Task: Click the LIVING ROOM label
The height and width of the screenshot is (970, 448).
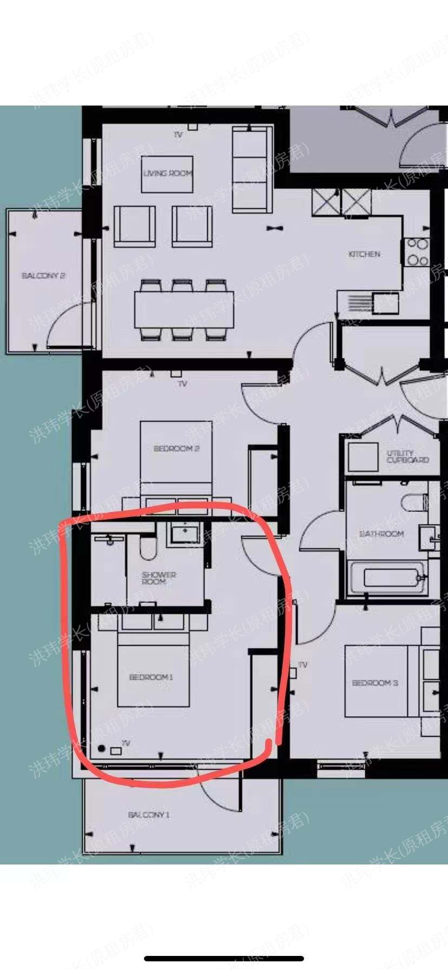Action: (167, 173)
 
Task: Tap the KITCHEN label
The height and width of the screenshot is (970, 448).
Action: (364, 254)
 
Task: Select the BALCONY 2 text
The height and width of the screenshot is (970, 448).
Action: (43, 276)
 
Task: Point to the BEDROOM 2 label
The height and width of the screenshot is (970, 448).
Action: (176, 449)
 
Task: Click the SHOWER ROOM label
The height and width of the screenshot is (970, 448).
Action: (159, 578)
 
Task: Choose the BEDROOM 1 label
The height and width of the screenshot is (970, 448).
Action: (151, 677)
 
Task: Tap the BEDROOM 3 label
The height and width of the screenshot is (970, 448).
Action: (375, 683)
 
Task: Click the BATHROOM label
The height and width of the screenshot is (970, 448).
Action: (381, 534)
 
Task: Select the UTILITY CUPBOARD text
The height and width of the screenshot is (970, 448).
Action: (407, 456)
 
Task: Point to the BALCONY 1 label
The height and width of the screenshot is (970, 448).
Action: (149, 815)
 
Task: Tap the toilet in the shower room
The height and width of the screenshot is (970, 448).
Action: (147, 548)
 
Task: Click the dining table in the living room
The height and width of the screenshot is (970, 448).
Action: (184, 310)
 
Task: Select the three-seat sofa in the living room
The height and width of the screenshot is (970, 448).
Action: (251, 170)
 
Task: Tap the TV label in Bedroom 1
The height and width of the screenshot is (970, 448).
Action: (126, 743)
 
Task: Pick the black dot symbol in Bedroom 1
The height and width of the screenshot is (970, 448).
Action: (102, 748)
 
